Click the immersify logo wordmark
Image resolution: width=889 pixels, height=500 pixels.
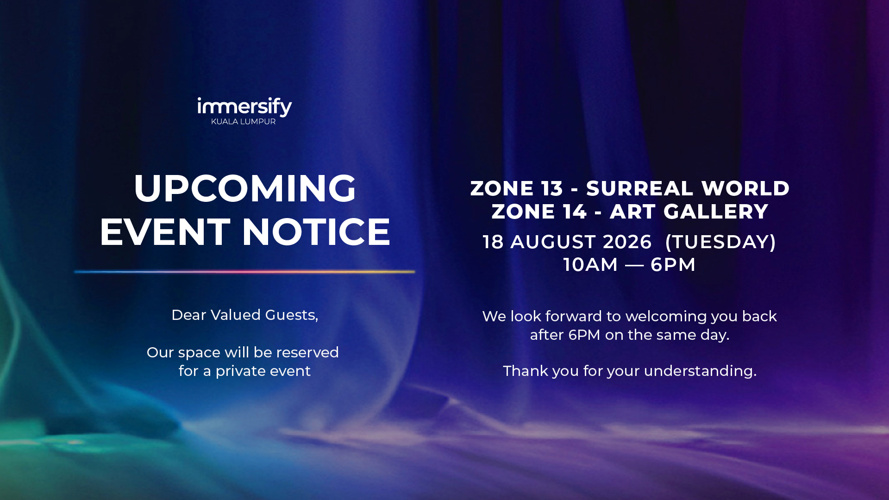pyautogui.click(x=244, y=106)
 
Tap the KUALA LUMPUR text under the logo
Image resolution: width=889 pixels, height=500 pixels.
pyautogui.click(x=244, y=121)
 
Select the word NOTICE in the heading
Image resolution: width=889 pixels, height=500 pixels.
pyautogui.click(x=316, y=231)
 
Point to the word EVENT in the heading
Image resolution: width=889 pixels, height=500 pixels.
pyautogui.click(x=165, y=231)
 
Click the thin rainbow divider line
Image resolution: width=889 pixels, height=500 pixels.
pyautogui.click(x=244, y=272)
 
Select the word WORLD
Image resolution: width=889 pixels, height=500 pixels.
pyautogui.click(x=745, y=188)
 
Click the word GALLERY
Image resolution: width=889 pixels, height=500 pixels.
pyautogui.click(x=716, y=212)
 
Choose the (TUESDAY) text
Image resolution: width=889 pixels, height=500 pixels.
pyautogui.click(x=720, y=242)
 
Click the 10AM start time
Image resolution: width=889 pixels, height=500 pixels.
pyautogui.click(x=590, y=265)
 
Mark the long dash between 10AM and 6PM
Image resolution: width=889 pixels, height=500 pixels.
pyautogui.click(x=634, y=265)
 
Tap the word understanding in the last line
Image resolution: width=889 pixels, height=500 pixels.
pyautogui.click(x=700, y=371)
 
